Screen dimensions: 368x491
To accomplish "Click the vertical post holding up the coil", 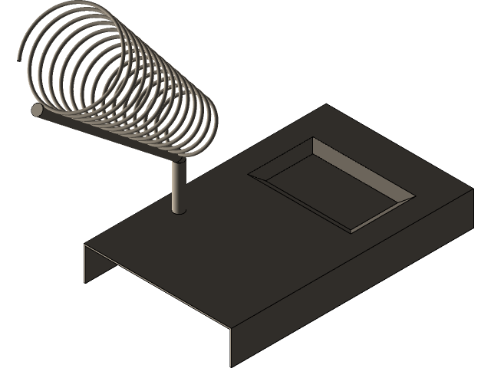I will tap(178, 188).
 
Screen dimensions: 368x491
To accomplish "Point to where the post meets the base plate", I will tap(178, 210).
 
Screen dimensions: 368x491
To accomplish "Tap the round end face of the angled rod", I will tap(38, 110).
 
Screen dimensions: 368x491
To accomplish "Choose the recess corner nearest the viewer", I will tap(351, 230).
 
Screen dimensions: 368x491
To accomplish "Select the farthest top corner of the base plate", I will tap(328, 105).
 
